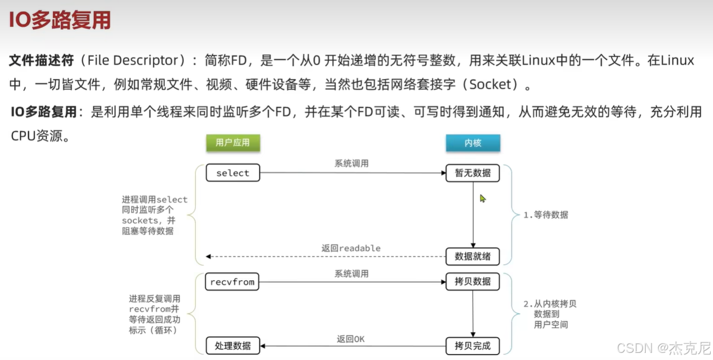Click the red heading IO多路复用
click(x=60, y=20)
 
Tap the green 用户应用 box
click(x=233, y=142)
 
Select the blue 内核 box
click(x=473, y=143)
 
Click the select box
click(x=233, y=173)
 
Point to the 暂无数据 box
click(x=473, y=173)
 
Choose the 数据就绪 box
click(x=473, y=256)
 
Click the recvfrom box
click(x=233, y=282)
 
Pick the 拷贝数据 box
click(x=473, y=282)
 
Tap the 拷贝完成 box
click(x=473, y=346)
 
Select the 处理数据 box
click(x=233, y=346)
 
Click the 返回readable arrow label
click(x=351, y=248)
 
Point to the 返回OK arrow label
click(x=351, y=339)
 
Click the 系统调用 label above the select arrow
click(x=351, y=163)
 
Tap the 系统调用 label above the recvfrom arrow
click(x=351, y=273)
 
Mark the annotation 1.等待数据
click(x=546, y=215)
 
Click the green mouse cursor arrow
click(x=483, y=198)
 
